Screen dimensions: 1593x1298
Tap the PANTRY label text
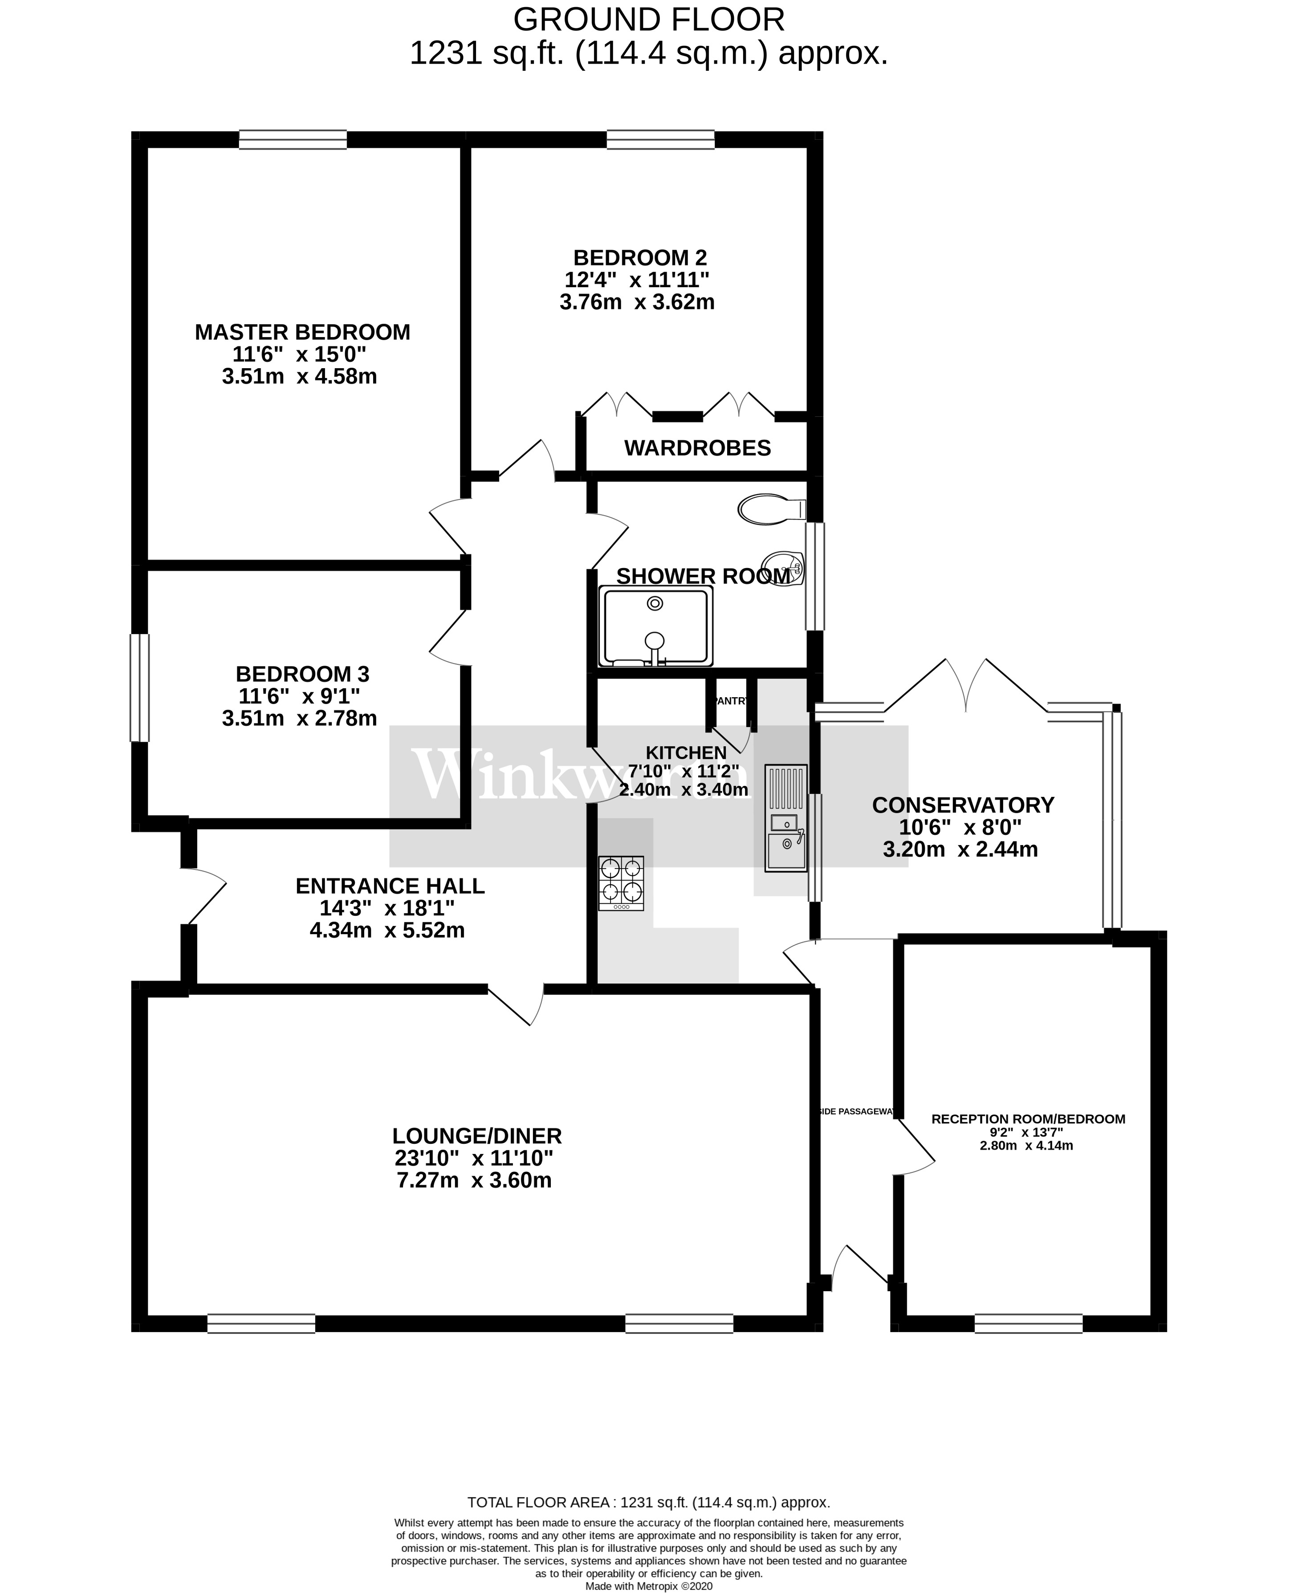(731, 701)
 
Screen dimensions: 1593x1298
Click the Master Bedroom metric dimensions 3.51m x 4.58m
(299, 376)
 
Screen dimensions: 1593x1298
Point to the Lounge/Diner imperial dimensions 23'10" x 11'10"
(474, 1158)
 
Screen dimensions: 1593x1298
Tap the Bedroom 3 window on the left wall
(140, 688)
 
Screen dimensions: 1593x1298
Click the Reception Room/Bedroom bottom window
(1028, 1323)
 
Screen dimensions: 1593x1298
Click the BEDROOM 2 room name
(639, 257)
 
